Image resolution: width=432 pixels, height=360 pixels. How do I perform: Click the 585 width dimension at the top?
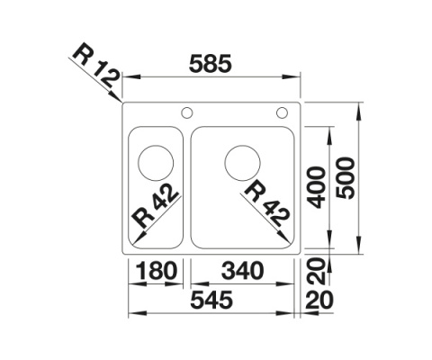[212, 65]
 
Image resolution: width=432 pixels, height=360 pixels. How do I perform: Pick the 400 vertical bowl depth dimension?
[316, 186]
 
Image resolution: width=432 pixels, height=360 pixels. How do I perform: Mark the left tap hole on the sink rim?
[187, 113]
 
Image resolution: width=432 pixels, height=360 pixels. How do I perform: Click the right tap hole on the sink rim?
[282, 113]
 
